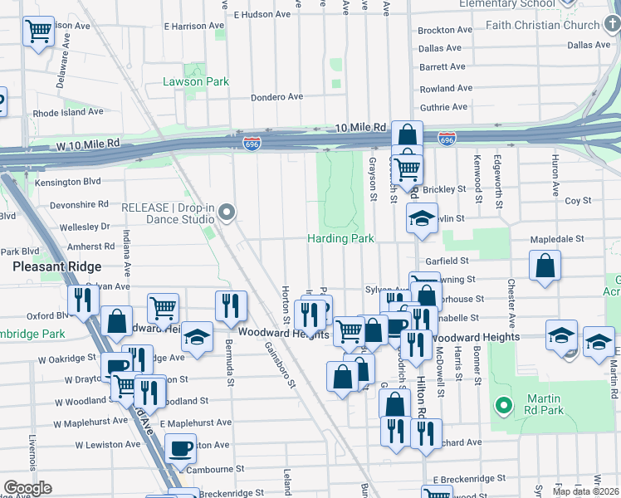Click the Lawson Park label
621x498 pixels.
[196, 81]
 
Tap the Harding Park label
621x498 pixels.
[341, 238]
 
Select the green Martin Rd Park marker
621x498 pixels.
[501, 406]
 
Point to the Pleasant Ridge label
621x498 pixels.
[56, 266]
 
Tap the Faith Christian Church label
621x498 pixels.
[545, 25]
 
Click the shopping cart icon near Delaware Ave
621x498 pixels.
[38, 32]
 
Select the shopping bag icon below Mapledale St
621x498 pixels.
[544, 266]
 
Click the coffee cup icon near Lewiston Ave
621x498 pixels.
[180, 449]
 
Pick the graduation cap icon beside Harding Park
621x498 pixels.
[422, 218]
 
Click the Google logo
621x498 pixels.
[28, 487]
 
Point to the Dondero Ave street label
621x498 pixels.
[277, 97]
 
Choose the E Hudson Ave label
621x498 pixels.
[262, 14]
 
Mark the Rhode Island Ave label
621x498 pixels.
[68, 111]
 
